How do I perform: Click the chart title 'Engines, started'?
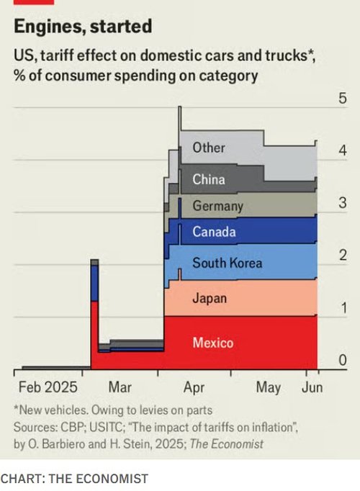tap(83, 27)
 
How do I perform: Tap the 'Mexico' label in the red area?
tap(212, 343)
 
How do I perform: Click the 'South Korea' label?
tap(227, 263)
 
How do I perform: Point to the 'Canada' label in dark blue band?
tap(214, 232)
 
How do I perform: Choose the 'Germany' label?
tap(217, 206)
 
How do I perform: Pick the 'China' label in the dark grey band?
tap(209, 179)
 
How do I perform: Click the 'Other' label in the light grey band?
tap(208, 148)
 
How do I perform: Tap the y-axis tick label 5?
tap(343, 99)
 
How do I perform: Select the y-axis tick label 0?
tap(343, 360)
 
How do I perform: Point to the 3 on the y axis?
tap(343, 204)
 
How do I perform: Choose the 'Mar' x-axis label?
tap(120, 387)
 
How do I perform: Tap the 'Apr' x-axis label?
tap(194, 387)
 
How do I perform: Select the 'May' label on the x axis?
tap(268, 387)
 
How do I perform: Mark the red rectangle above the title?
tap(29, 3)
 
